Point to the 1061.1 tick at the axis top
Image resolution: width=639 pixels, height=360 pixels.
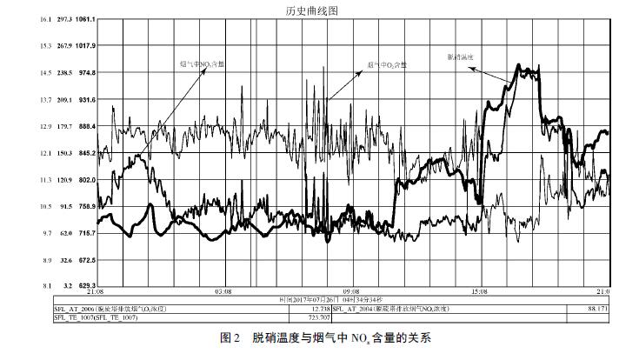(86, 19)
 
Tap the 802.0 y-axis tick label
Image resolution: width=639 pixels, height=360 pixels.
(86, 180)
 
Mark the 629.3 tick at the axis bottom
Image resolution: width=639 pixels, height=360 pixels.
(86, 285)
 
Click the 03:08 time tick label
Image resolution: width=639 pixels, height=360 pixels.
(223, 292)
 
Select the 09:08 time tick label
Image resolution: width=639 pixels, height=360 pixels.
(351, 292)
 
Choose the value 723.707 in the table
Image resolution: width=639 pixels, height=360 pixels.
(321, 317)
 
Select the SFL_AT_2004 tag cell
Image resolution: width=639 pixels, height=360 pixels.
(391, 309)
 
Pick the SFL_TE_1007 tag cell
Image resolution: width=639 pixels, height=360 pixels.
(97, 317)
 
